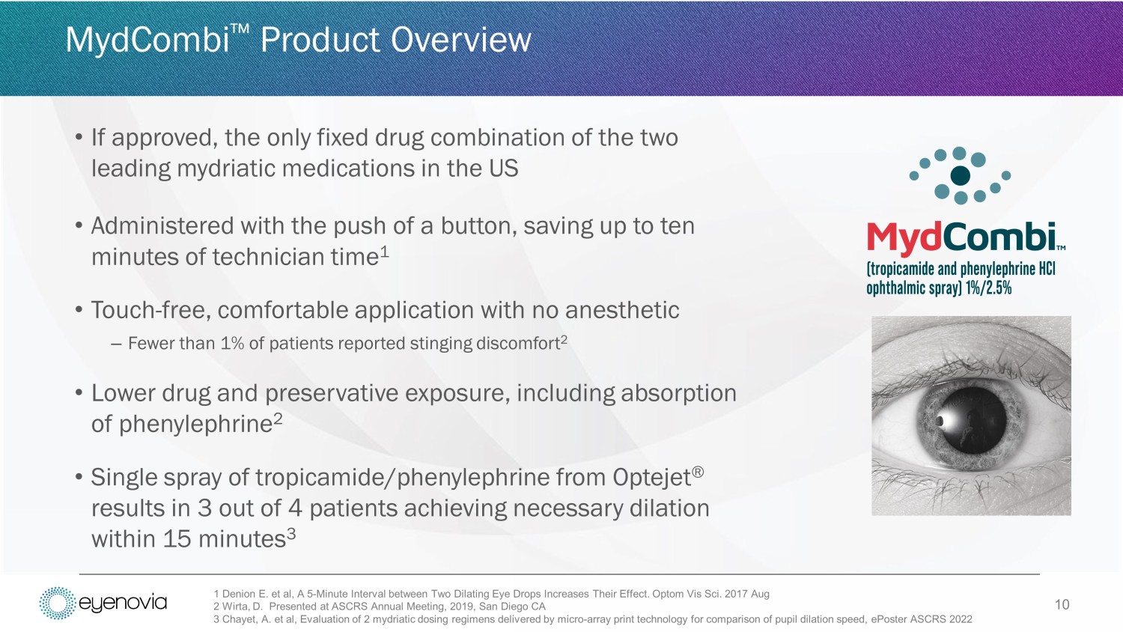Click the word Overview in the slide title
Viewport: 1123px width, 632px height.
[x=460, y=40]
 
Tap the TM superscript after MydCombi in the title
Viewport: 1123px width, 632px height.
[x=240, y=28]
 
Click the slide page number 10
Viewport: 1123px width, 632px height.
[x=1062, y=604]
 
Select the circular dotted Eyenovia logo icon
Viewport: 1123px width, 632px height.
[x=58, y=603]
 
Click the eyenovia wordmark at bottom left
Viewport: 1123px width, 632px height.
[x=123, y=602]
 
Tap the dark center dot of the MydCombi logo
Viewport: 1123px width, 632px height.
[x=960, y=175]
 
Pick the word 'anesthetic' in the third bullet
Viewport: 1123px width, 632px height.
[x=622, y=310]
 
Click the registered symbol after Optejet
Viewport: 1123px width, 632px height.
[x=698, y=473]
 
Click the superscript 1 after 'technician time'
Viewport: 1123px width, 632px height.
[x=385, y=252]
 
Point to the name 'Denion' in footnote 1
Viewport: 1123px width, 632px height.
[x=239, y=594]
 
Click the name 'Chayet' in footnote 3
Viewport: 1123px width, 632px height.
[x=240, y=619]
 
